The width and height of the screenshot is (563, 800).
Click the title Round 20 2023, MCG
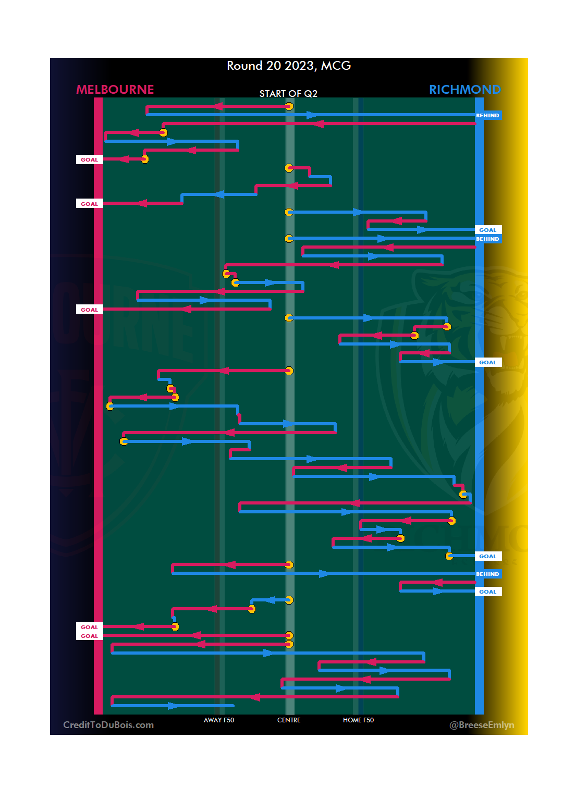(x=288, y=66)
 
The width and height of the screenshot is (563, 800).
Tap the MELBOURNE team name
(x=115, y=90)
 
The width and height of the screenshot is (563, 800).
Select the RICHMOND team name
(x=464, y=90)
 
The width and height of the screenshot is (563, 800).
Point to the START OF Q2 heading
(x=288, y=94)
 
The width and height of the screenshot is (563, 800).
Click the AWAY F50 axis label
(x=218, y=720)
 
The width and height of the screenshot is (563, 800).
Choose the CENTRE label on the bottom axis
(x=289, y=720)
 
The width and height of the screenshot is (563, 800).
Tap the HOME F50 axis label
(x=358, y=720)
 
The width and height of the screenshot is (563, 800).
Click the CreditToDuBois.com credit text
(x=108, y=725)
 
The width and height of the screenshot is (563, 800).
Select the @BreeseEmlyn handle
(x=482, y=725)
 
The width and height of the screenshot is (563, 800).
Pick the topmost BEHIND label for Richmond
(x=487, y=116)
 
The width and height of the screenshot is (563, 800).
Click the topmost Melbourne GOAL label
(x=89, y=160)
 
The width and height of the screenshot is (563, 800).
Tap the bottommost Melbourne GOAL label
(x=89, y=636)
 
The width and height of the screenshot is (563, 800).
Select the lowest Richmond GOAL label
(x=487, y=592)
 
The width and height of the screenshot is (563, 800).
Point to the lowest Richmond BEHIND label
(x=487, y=574)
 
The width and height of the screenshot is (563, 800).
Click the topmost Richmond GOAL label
(x=487, y=230)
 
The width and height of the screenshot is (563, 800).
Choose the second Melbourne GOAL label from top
(x=89, y=204)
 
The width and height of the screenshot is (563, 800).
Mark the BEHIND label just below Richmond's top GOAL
(x=487, y=239)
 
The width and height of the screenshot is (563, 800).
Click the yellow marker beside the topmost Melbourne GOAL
(x=145, y=159)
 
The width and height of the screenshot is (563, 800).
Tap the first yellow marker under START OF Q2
(x=289, y=107)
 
